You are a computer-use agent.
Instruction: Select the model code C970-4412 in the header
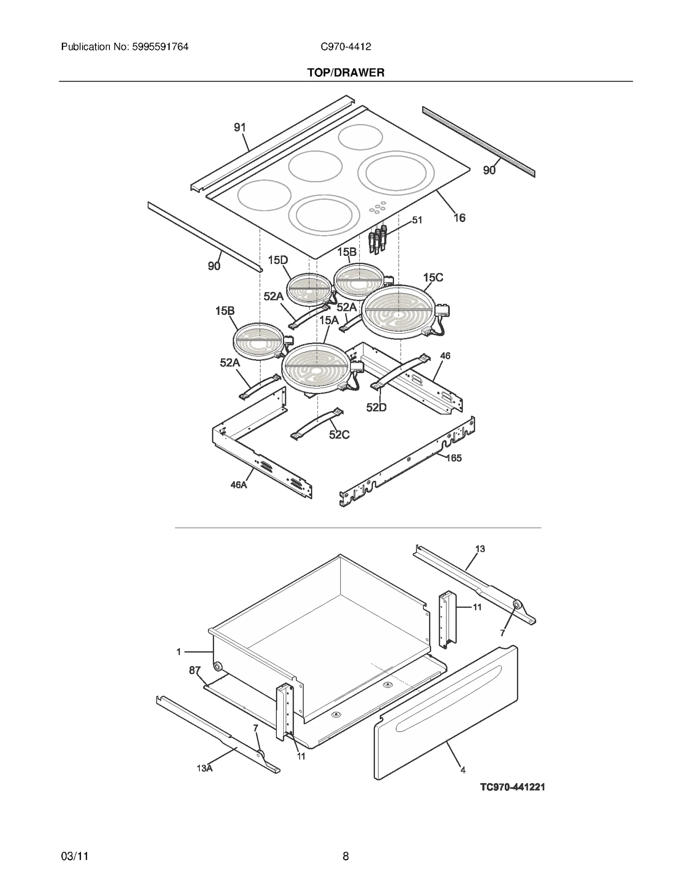[346, 47]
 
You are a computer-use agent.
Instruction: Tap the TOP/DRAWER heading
[346, 73]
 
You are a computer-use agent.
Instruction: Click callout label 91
[240, 127]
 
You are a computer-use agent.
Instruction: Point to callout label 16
[459, 218]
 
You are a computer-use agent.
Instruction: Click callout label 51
[417, 220]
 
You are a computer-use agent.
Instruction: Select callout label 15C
[433, 277]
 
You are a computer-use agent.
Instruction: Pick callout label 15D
[278, 260]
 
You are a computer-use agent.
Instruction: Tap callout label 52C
[339, 435]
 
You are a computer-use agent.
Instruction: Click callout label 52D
[376, 408]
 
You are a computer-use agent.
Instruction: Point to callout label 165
[454, 458]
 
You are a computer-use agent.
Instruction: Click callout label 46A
[238, 485]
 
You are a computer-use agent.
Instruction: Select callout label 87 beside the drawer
[195, 670]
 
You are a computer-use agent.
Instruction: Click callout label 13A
[205, 768]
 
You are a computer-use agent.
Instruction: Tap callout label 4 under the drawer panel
[463, 770]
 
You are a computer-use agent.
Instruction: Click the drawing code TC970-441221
[513, 787]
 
